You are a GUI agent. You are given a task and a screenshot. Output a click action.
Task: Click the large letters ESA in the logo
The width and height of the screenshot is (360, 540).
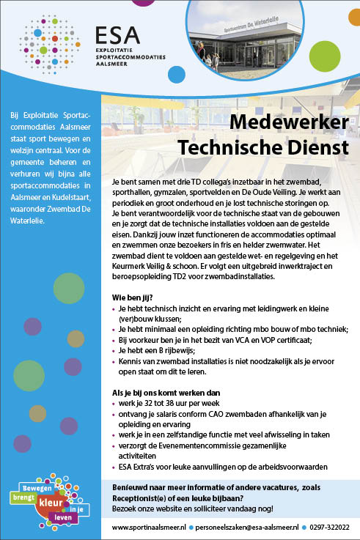click(115, 35)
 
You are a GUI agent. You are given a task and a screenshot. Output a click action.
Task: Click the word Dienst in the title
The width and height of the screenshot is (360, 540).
click(317, 148)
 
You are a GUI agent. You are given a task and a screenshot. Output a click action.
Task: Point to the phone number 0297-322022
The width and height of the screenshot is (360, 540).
click(328, 527)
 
